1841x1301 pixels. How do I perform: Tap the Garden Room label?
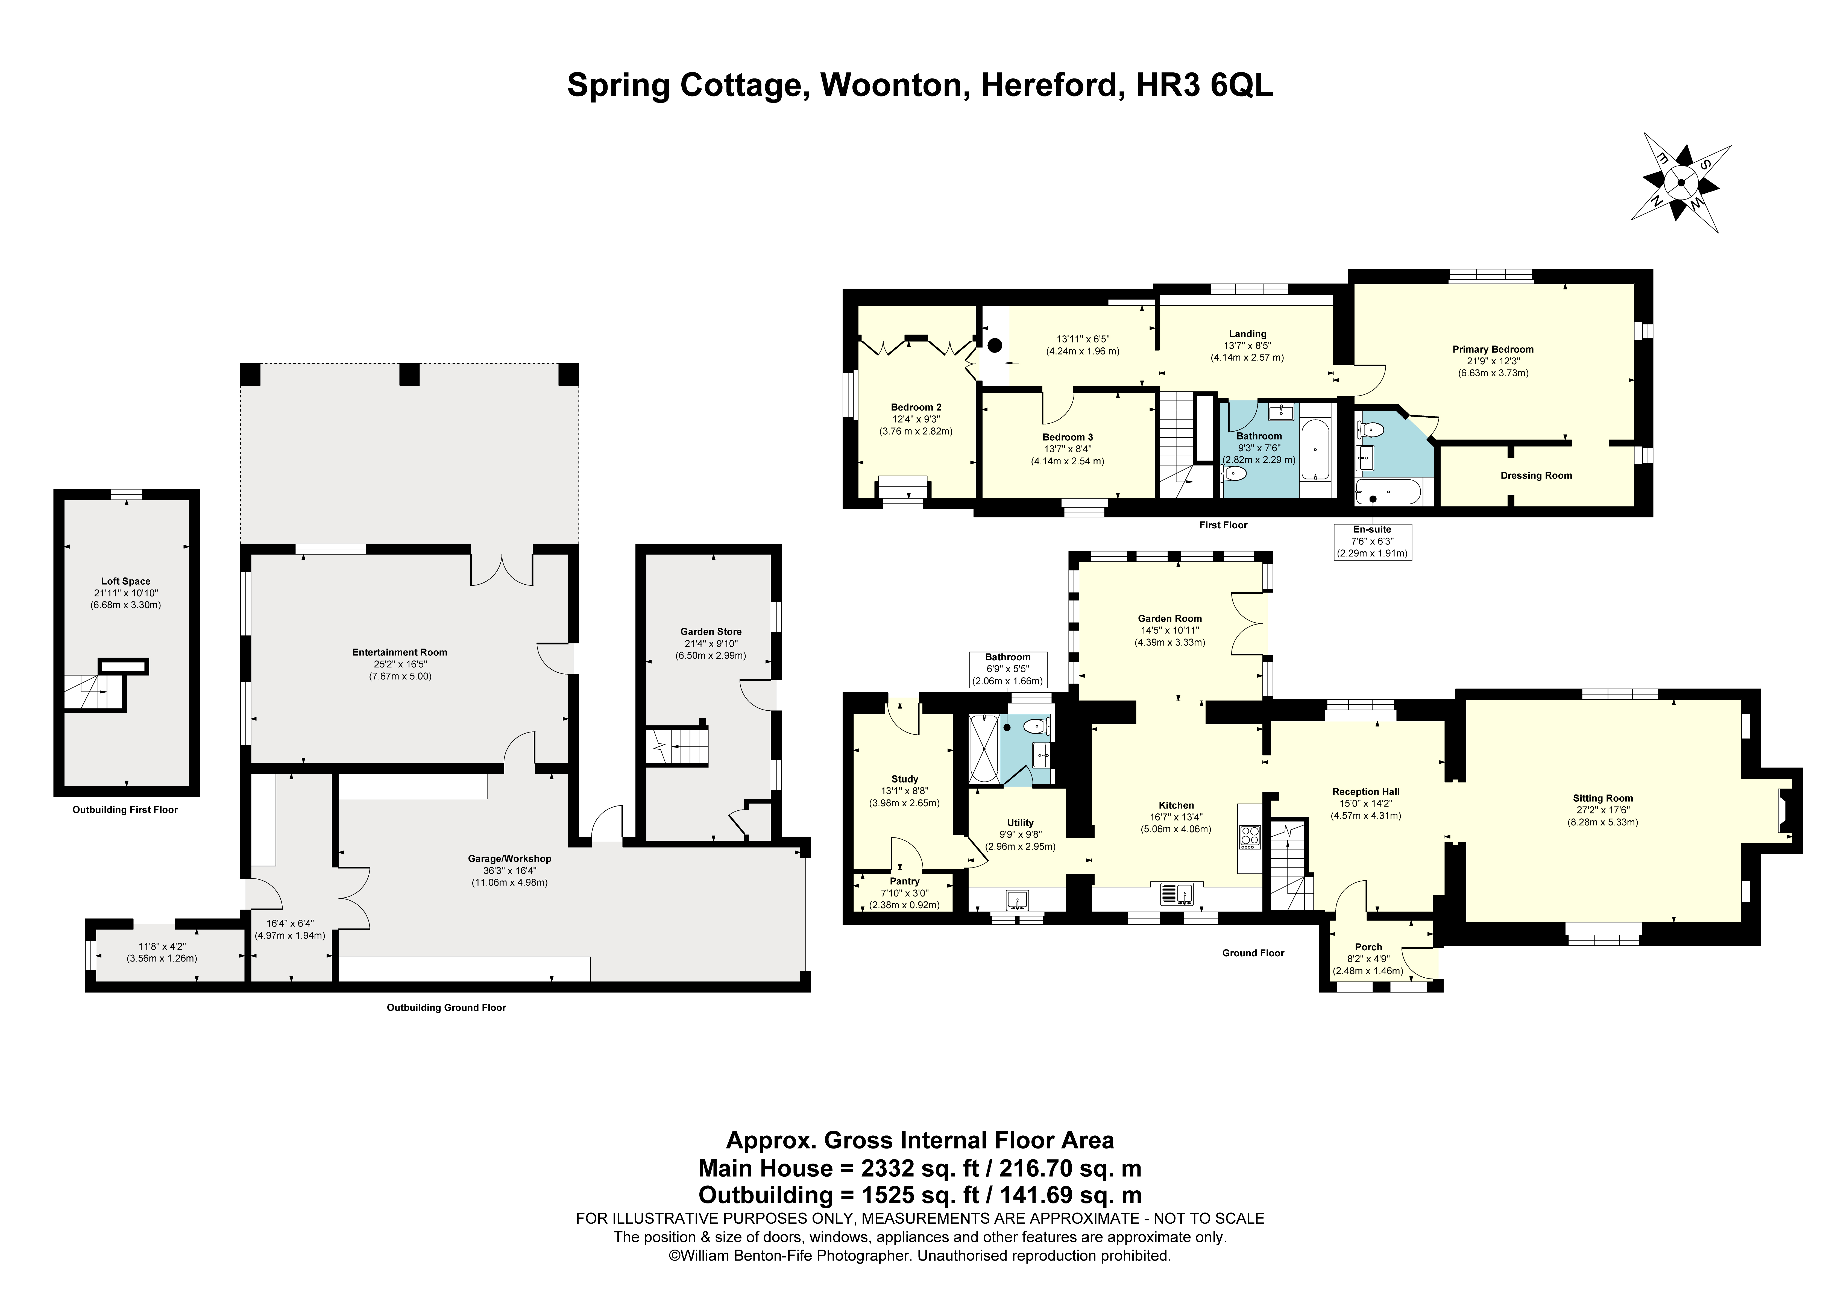[1170, 619]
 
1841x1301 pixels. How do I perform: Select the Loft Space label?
[126, 582]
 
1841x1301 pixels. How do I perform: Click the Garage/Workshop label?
[510, 859]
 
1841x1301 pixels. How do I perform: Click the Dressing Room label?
[1536, 476]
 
